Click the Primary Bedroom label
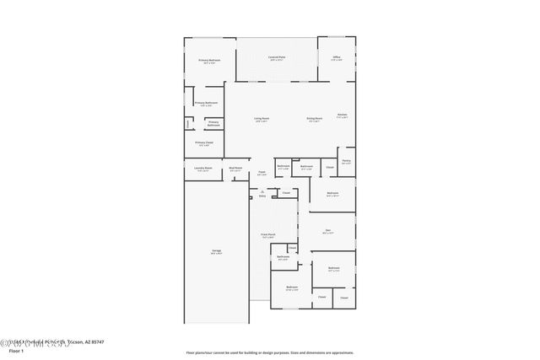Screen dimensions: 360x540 [209, 61]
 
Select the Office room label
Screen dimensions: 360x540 [336, 57]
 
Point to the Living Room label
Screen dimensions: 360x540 [262, 118]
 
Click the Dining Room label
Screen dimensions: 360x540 [314, 118]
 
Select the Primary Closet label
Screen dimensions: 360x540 [204, 143]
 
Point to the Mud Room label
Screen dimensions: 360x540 [235, 169]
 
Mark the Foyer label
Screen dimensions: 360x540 [262, 173]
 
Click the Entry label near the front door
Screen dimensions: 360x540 [262, 195]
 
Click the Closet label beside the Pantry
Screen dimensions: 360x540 [330, 167]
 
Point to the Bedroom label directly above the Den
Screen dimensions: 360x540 [333, 194]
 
